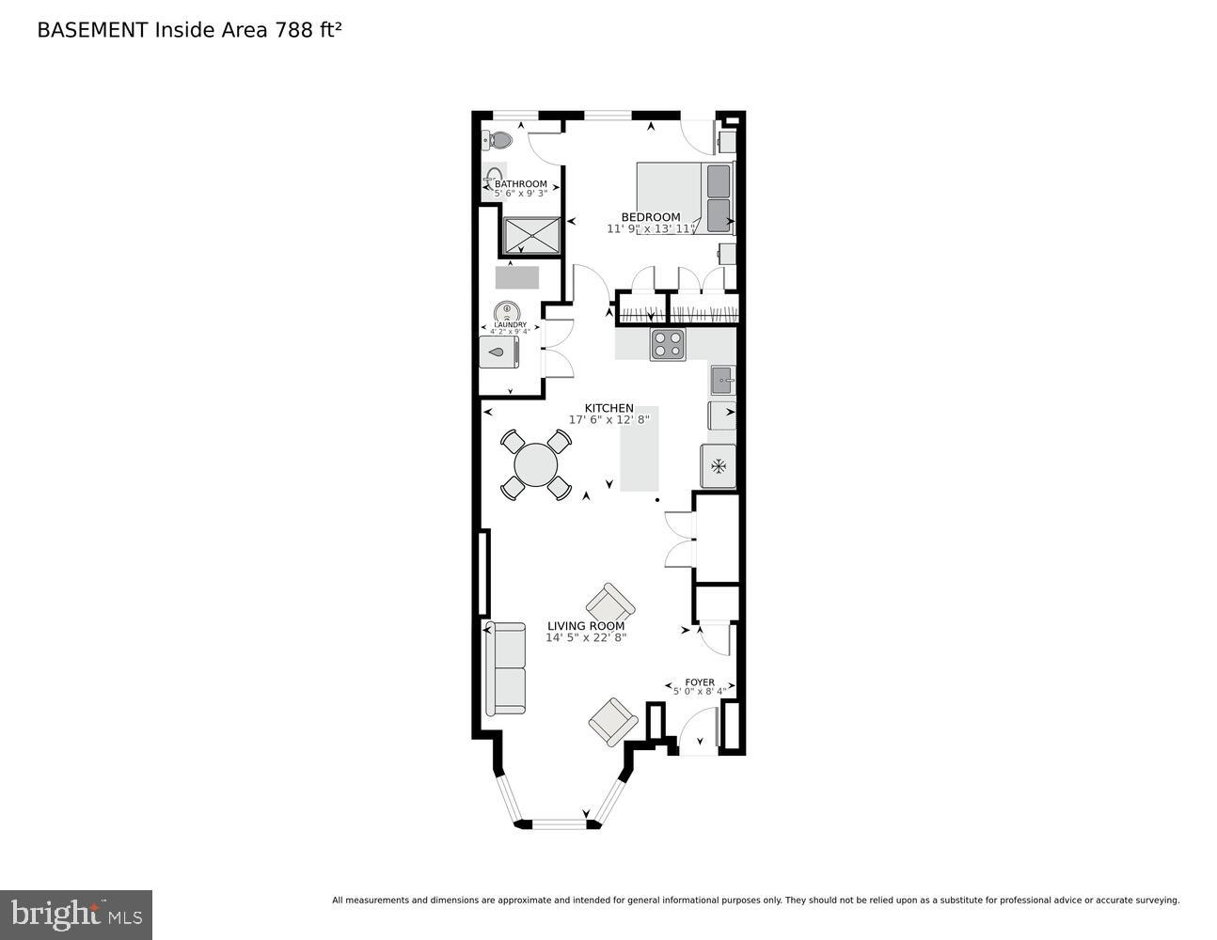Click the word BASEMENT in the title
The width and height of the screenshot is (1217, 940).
coord(92,30)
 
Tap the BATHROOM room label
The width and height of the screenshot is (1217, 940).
coord(520,184)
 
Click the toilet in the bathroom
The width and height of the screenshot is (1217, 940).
coord(498,141)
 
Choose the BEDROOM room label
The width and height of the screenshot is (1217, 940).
coord(650,217)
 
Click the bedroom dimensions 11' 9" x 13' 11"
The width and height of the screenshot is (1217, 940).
coord(651,228)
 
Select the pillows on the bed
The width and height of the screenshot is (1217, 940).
coord(719,196)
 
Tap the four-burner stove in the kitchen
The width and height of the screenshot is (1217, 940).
coord(668,345)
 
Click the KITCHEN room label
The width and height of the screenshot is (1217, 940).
coord(608,408)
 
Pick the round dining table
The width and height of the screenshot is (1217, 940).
coord(536,463)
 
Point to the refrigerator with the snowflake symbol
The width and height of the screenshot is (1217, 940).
coord(719,466)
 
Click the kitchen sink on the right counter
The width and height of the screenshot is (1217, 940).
coord(722,381)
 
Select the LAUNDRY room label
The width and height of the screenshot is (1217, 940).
coord(510,325)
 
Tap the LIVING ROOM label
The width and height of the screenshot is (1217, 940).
coord(586,626)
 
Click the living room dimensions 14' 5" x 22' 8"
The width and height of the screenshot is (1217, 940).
coord(586,637)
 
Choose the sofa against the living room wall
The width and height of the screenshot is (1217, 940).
coord(505,667)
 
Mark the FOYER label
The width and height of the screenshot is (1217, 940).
coord(699,682)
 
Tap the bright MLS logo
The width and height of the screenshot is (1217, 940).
coord(76,914)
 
